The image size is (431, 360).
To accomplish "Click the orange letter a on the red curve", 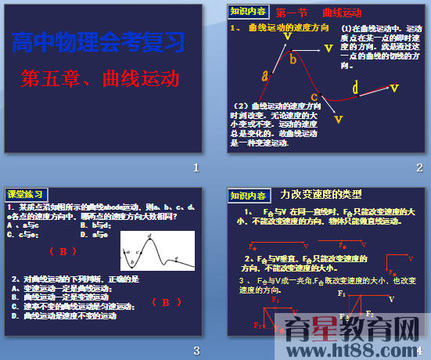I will pyautogui.click(x=265, y=75).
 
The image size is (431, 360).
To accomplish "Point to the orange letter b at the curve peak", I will pyautogui.click(x=293, y=58).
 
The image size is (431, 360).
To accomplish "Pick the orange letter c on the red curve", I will pyautogui.click(x=314, y=98).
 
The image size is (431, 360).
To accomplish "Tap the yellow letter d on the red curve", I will pyautogui.click(x=355, y=88).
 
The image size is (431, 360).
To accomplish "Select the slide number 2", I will pyautogui.click(x=419, y=167).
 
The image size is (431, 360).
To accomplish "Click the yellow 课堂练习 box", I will pyautogui.click(x=26, y=194).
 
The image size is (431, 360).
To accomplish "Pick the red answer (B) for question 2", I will pyautogui.click(x=167, y=301).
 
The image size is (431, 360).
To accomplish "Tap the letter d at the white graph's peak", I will pyautogui.click(x=149, y=235).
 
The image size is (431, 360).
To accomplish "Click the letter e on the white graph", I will pyautogui.click(x=176, y=258).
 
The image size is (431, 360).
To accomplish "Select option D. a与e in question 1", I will pyautogui.click(x=100, y=233).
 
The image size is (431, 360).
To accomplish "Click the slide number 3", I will pyautogui.click(x=197, y=349).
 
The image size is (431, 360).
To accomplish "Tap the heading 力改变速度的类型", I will pyautogui.click(x=321, y=194).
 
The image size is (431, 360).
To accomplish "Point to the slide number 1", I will pyautogui.click(x=197, y=167).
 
